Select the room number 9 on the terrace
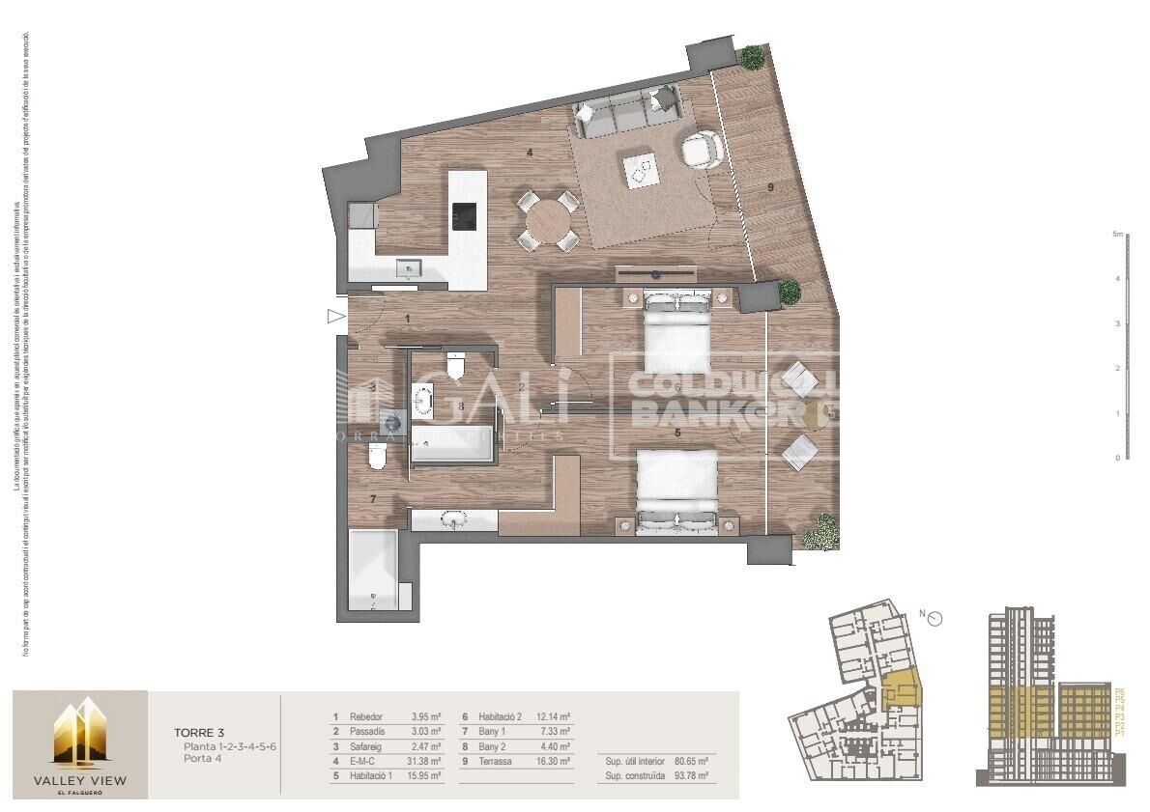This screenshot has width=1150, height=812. [771, 187]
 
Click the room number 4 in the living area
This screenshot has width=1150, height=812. [529, 152]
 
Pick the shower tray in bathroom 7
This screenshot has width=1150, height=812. [372, 570]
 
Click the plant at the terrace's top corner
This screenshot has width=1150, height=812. [752, 57]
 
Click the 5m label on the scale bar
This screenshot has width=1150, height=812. [1117, 235]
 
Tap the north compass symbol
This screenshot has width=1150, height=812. [934, 619]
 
